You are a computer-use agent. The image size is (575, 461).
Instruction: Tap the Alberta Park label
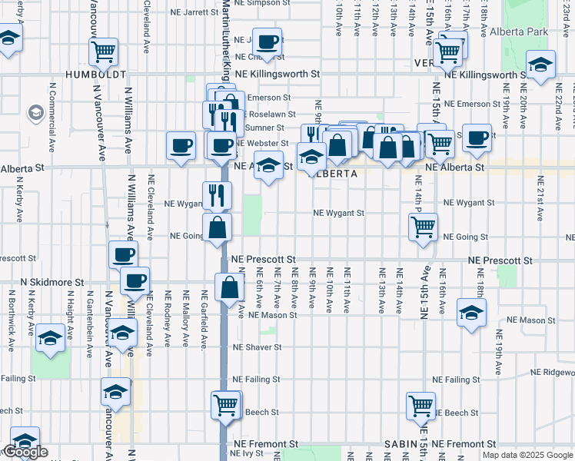point(538,32)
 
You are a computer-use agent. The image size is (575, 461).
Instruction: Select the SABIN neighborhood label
point(401,444)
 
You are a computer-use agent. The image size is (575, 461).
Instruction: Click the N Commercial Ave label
point(53,123)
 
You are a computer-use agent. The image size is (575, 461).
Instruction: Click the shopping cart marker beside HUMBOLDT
point(103,52)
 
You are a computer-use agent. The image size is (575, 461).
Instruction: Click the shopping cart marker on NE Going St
point(423,227)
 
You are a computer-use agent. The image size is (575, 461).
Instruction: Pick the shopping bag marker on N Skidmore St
point(230,288)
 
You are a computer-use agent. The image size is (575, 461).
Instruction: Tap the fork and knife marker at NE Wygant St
point(217,195)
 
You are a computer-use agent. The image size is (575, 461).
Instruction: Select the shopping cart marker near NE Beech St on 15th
point(420,405)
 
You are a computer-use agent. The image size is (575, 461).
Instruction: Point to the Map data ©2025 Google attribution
point(527,455)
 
